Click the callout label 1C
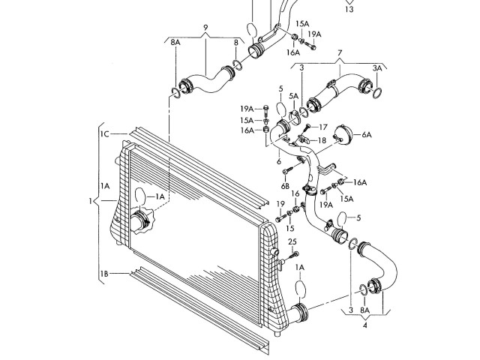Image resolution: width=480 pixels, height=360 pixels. click(105, 133)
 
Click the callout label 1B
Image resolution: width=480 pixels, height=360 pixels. click(105, 275)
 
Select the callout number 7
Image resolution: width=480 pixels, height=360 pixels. click(339, 53)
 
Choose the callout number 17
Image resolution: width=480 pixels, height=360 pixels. click(324, 127)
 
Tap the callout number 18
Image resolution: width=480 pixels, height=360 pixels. click(322, 140)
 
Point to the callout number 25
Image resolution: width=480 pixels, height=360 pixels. click(292, 241)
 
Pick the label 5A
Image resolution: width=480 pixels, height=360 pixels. click(294, 96)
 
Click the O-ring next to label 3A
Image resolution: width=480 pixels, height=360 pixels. click(377, 92)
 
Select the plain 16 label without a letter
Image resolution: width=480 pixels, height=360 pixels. click(295, 193)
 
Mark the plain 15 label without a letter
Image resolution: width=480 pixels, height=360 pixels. click(292, 228)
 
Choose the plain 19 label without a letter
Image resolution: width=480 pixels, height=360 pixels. click(280, 203)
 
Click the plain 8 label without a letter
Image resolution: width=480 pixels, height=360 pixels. click(235, 43)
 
